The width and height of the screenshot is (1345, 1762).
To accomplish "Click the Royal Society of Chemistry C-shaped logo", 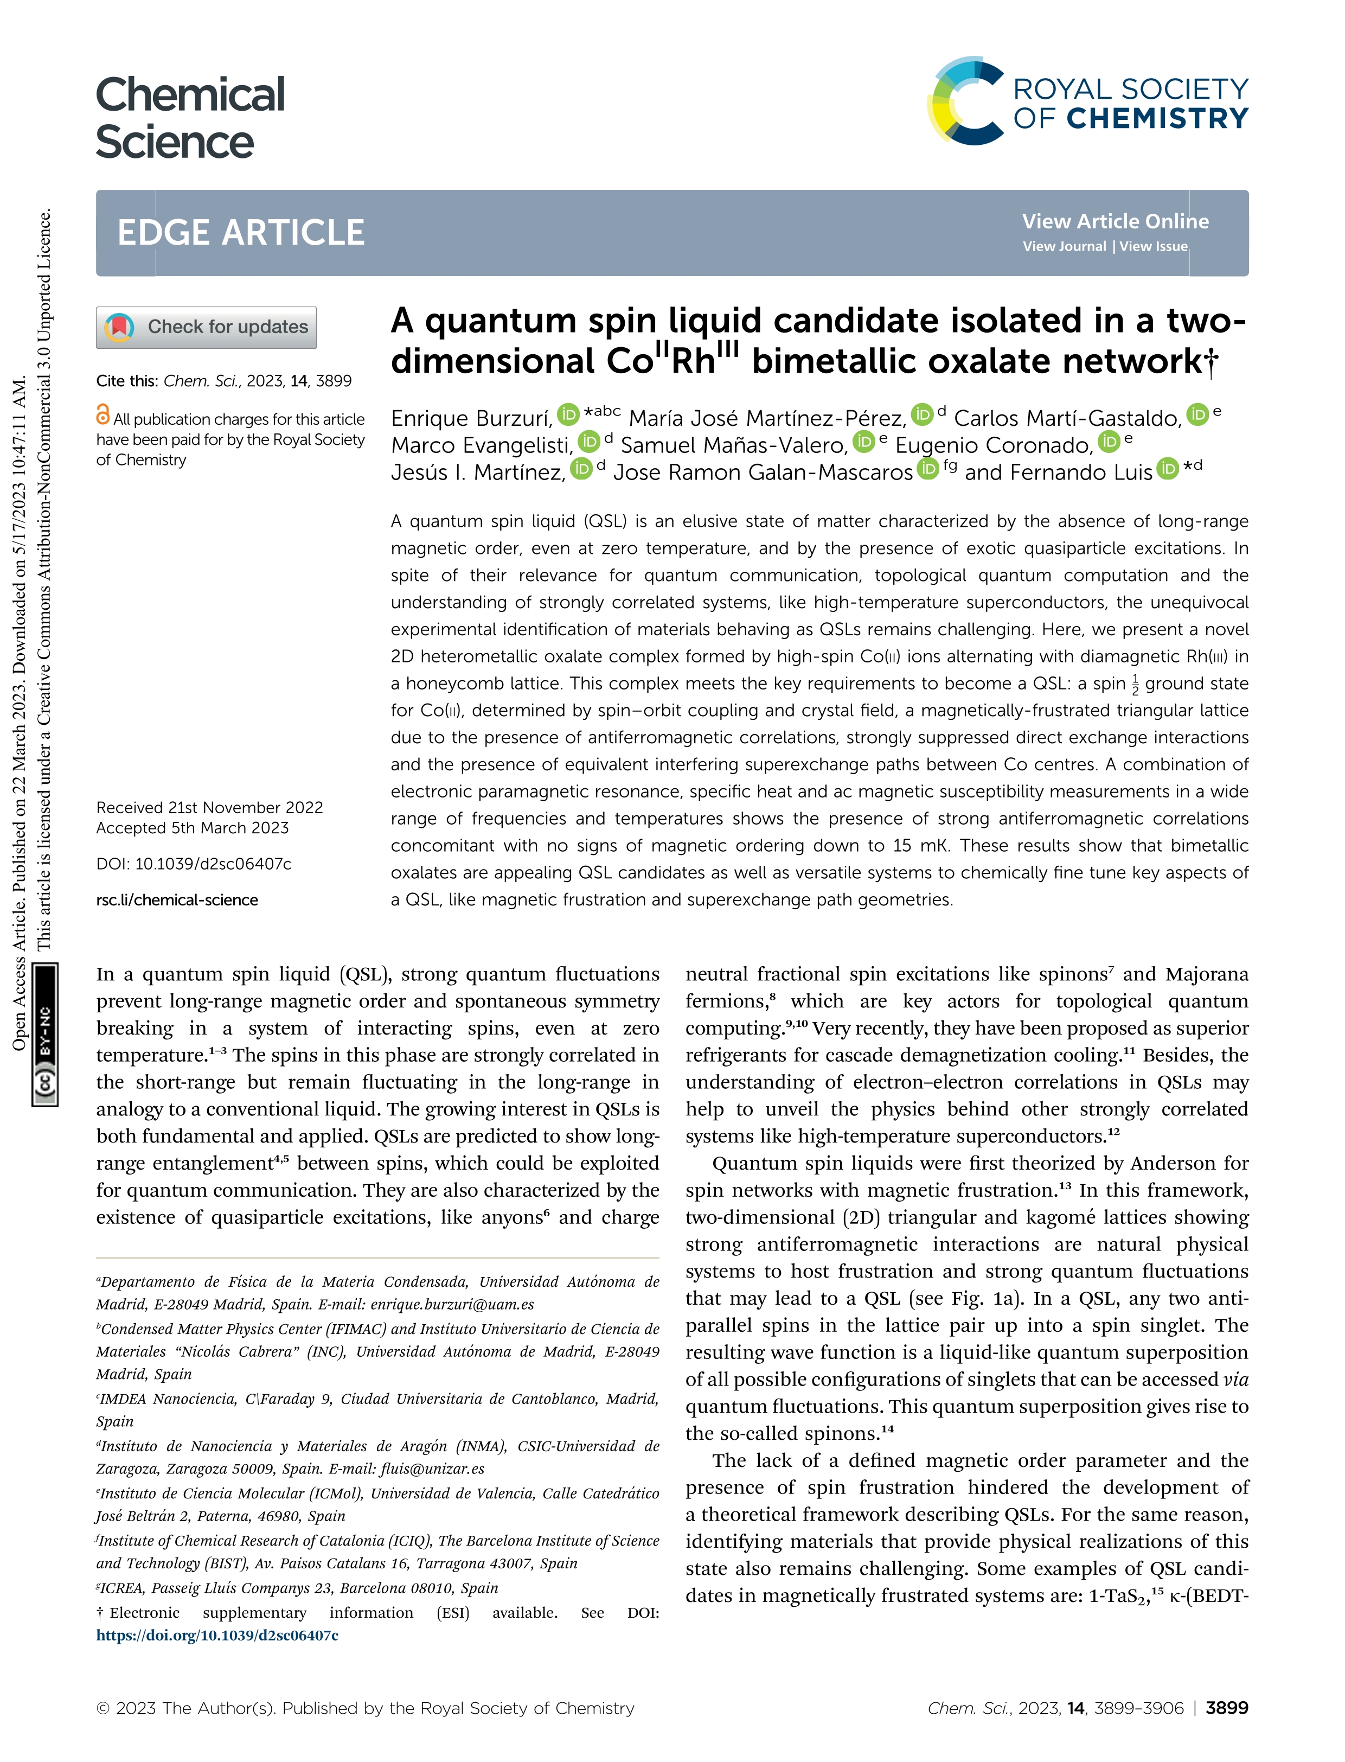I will coord(965,101).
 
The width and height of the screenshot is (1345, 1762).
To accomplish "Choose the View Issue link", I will coord(1153,247).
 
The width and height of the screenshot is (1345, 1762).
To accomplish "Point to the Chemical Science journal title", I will coord(190,118).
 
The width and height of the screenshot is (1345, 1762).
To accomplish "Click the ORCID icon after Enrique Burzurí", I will coord(568,414).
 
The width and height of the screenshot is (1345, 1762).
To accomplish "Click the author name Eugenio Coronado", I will coord(992,445).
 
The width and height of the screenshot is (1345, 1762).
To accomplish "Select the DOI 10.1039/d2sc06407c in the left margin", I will coord(194,864).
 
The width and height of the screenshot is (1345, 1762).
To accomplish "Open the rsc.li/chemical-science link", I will coord(177,900).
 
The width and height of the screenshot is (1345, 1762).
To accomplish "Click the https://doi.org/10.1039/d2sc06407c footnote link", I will coord(217,1636).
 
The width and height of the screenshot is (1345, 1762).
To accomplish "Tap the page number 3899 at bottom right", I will coord(1227,1708).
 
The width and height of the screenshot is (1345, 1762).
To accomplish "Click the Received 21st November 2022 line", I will coord(210,807).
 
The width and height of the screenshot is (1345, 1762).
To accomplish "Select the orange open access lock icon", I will coord(103,415).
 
